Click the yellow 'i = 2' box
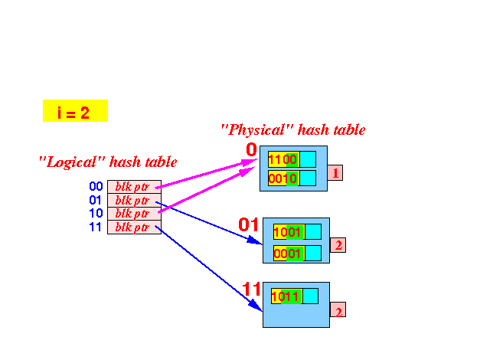(75, 111)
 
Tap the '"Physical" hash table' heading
(293, 130)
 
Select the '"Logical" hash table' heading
(108, 162)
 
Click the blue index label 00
(96, 186)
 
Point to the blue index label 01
(95, 200)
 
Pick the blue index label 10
(96, 214)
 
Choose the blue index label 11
(95, 227)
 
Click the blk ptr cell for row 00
(134, 187)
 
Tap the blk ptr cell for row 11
(134, 227)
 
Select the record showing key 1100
(292, 159)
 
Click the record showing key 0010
(292, 178)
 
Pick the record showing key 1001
(297, 231)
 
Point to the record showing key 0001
(297, 254)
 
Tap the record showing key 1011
(295, 296)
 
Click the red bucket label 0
(251, 149)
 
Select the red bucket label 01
(248, 224)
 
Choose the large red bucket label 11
(251, 289)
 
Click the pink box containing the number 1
(335, 172)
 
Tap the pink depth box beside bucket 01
(338, 245)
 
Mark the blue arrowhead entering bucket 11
(256, 305)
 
